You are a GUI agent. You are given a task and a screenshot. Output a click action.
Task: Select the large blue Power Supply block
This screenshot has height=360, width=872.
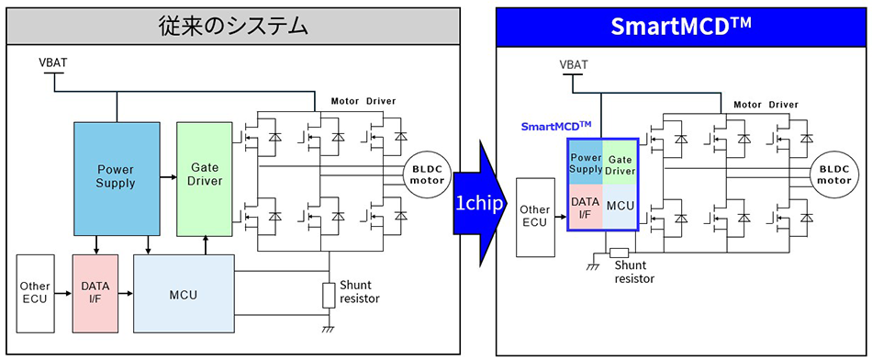coord(117,176)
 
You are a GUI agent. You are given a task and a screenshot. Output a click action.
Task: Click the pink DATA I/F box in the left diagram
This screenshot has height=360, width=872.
coord(95,293)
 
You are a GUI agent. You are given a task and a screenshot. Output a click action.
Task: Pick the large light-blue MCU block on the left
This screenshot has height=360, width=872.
coord(184,294)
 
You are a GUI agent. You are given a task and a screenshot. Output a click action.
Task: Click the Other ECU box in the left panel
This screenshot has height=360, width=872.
coord(35,293)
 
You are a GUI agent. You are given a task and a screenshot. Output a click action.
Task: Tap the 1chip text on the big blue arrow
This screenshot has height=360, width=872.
coord(477,202)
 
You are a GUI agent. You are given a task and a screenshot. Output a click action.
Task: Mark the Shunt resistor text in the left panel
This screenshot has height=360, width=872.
coord(359,292)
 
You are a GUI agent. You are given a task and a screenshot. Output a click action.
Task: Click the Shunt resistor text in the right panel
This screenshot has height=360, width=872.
coord(635,272)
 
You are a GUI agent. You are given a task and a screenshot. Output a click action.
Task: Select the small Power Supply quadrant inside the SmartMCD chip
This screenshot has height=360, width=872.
coord(586,163)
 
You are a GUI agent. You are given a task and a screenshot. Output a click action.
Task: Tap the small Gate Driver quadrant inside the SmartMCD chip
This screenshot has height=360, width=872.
coord(621,163)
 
